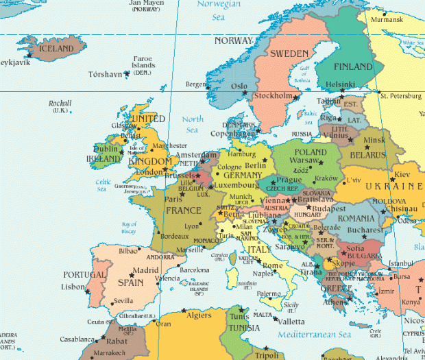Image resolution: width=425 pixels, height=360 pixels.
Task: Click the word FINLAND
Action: click(x=357, y=67)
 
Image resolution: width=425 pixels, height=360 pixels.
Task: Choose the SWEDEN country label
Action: click(x=289, y=53)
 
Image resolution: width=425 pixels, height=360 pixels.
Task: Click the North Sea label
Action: click(x=193, y=124)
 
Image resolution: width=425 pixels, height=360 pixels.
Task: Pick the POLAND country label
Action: click(x=310, y=152)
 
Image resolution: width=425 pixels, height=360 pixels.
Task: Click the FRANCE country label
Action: click(x=184, y=210)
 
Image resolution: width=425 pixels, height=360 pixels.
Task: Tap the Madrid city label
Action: click(x=145, y=270)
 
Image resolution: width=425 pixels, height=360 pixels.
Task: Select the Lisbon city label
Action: click(x=72, y=287)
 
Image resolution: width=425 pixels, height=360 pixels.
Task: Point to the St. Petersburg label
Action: click(x=404, y=95)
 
